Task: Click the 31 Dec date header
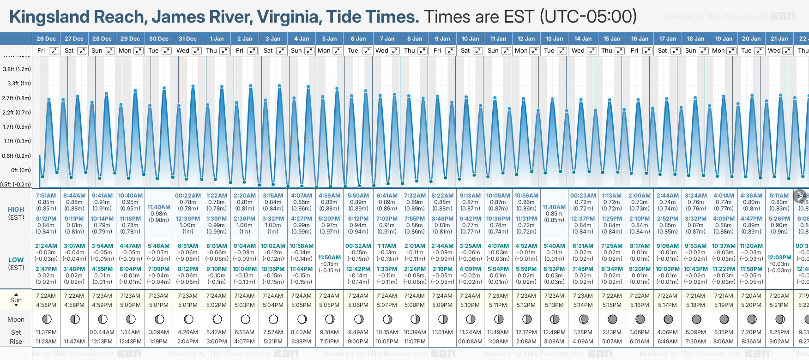coord(187,39)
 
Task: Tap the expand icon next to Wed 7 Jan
coord(395,51)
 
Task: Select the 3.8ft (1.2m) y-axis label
coord(17,69)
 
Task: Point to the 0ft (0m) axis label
coord(21,170)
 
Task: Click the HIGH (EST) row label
coord(16,213)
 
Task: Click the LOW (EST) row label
coord(16,264)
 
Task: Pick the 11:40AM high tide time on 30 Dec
coord(159,207)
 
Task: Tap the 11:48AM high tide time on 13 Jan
coord(554,207)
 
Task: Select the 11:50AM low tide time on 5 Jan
coord(330,258)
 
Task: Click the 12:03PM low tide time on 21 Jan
coord(779,258)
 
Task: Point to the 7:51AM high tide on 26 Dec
coord(46,196)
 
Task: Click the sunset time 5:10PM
coord(470,305)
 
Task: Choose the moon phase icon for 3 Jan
coord(273,319)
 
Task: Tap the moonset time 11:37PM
coord(46,332)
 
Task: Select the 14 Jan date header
coord(583,39)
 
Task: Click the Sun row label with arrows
coord(16,300)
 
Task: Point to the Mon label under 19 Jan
coord(718,51)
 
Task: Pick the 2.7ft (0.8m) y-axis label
coord(17,98)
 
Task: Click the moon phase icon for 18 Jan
coord(696,319)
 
